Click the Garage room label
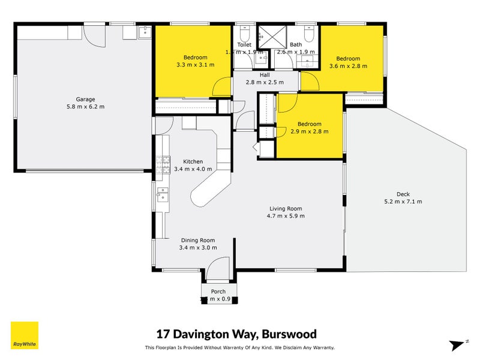point(85,100)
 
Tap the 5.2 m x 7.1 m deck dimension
point(403,202)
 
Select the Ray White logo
point(25,335)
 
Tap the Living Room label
point(286,208)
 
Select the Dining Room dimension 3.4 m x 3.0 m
point(197,247)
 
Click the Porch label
point(218,292)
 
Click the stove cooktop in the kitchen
point(161,167)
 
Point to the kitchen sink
point(162,194)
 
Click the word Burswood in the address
point(287,334)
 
